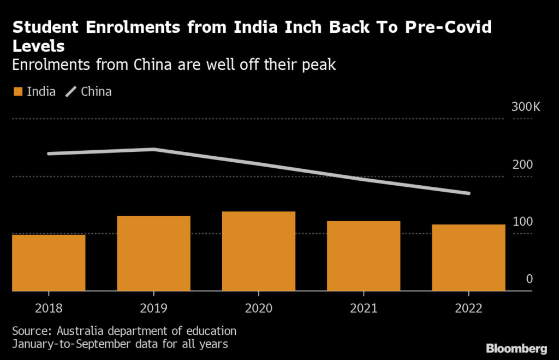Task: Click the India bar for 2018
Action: click(x=49, y=262)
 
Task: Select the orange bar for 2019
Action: click(x=153, y=253)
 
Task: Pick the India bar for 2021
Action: click(x=364, y=256)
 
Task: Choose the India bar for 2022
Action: click(x=468, y=257)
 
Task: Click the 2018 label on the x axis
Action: click(x=49, y=308)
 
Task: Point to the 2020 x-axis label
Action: click(x=259, y=308)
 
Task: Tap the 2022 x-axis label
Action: click(x=468, y=308)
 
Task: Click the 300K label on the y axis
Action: click(x=525, y=107)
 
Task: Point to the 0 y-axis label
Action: click(x=529, y=279)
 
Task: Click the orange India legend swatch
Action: click(x=17, y=92)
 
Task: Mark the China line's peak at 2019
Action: click(x=154, y=149)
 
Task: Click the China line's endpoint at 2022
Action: click(x=468, y=193)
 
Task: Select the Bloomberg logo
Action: click(x=517, y=348)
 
